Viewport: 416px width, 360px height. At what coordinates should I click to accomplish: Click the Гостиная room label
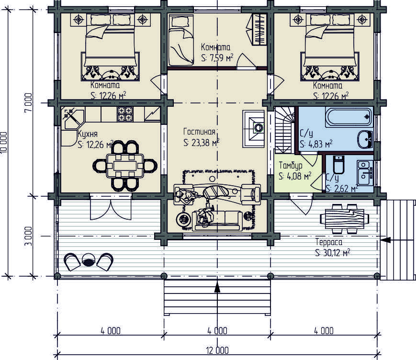click(199, 132)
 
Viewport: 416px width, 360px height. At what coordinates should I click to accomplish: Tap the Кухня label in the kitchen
click(87, 134)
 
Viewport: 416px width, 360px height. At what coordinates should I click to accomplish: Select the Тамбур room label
click(291, 166)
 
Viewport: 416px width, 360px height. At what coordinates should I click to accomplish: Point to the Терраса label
click(329, 242)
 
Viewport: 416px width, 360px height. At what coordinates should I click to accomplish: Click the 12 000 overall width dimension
click(217, 350)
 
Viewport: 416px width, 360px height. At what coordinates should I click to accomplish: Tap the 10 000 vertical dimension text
click(3, 142)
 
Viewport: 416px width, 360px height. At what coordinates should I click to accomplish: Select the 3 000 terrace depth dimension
click(28, 236)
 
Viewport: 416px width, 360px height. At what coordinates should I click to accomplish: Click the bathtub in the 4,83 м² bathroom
click(349, 117)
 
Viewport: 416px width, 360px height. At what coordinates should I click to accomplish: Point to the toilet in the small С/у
click(338, 165)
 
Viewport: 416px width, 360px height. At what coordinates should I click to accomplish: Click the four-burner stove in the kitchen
click(125, 114)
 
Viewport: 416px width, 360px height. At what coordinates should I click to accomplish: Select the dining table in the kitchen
click(125, 166)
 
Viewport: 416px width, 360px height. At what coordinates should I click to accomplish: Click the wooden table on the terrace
click(345, 219)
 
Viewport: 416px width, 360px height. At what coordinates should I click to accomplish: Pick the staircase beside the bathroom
click(285, 130)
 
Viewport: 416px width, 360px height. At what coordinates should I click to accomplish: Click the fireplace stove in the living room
click(253, 129)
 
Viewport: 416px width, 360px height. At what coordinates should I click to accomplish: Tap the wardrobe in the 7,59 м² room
click(259, 29)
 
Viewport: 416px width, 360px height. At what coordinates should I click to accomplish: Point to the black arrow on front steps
click(217, 287)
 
